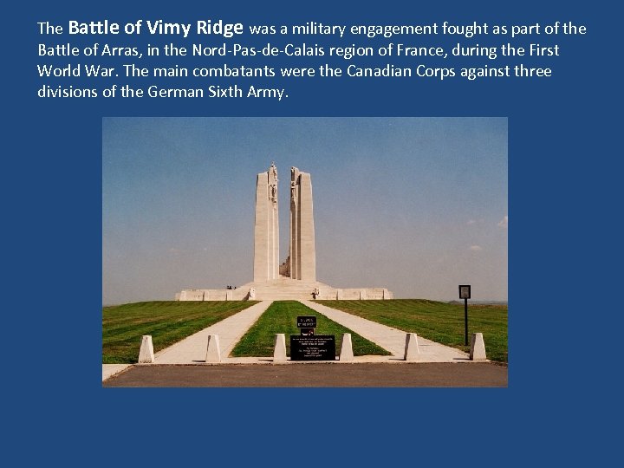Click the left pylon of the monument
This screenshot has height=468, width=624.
pyautogui.click(x=266, y=225)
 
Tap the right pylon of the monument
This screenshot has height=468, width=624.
pyautogui.click(x=302, y=225)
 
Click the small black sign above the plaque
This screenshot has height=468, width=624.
pyautogui.click(x=307, y=322)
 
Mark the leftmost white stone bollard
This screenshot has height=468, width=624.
pyautogui.click(x=146, y=348)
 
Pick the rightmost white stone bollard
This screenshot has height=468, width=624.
pyautogui.click(x=478, y=347)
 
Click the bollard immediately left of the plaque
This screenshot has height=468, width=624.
pyautogui.click(x=280, y=348)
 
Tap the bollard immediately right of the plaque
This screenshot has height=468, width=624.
pyautogui.click(x=346, y=348)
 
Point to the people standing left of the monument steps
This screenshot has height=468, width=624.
pyautogui.click(x=230, y=287)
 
